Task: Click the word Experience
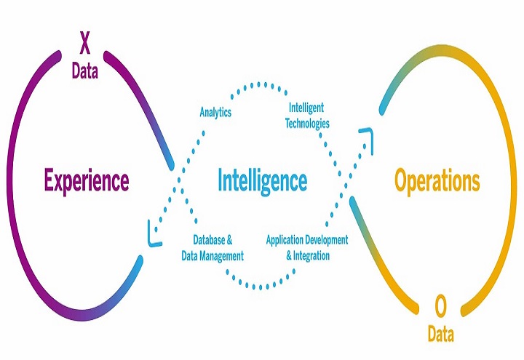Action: tap(86, 180)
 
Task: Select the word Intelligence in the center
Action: tap(262, 180)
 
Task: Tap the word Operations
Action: tap(437, 180)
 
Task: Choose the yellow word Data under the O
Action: tap(440, 335)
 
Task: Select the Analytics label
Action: tap(215, 112)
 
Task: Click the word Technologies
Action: tap(305, 124)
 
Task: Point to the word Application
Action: tap(287, 239)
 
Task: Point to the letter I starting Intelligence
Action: tap(221, 180)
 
